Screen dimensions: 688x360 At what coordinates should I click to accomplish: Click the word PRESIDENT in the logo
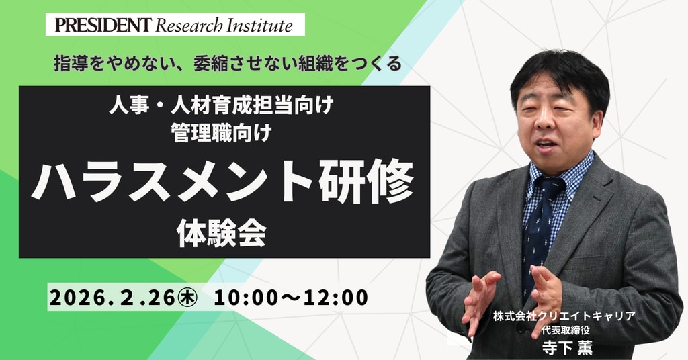click(103, 25)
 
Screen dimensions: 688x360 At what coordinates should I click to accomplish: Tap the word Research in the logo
click(189, 26)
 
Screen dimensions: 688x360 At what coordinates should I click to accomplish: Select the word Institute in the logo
click(259, 26)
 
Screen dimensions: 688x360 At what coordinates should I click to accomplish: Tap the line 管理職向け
click(222, 132)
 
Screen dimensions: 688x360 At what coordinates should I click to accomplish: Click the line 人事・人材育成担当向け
click(222, 105)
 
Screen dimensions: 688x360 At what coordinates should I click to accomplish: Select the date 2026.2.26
click(112, 298)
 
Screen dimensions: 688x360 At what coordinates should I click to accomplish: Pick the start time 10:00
click(246, 298)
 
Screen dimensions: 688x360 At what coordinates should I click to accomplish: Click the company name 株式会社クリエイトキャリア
click(564, 316)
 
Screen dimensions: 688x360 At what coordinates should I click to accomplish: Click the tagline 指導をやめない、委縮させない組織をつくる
click(228, 64)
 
